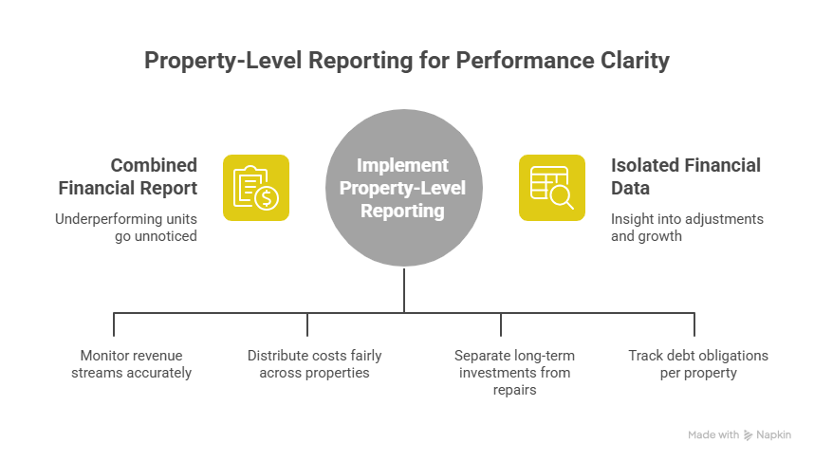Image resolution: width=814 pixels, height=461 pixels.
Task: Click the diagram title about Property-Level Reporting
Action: point(406,61)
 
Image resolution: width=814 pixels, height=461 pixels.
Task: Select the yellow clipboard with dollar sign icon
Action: point(256,188)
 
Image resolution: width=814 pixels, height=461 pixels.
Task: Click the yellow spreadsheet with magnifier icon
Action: point(551,188)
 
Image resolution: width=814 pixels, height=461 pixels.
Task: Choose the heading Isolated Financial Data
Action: point(685,176)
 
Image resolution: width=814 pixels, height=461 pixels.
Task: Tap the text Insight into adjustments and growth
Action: point(686,227)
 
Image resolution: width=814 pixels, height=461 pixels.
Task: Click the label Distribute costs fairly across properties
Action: point(314,364)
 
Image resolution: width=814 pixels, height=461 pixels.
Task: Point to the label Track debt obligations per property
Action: point(698,364)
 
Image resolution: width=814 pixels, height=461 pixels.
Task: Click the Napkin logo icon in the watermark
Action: point(749,434)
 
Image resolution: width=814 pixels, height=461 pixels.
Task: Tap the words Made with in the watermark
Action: point(713,434)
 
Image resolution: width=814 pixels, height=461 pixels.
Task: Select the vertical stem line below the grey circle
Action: point(405,289)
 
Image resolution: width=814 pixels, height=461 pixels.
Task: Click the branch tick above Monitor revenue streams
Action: point(114,323)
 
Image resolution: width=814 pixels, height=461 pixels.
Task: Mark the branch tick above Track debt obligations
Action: point(694,323)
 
